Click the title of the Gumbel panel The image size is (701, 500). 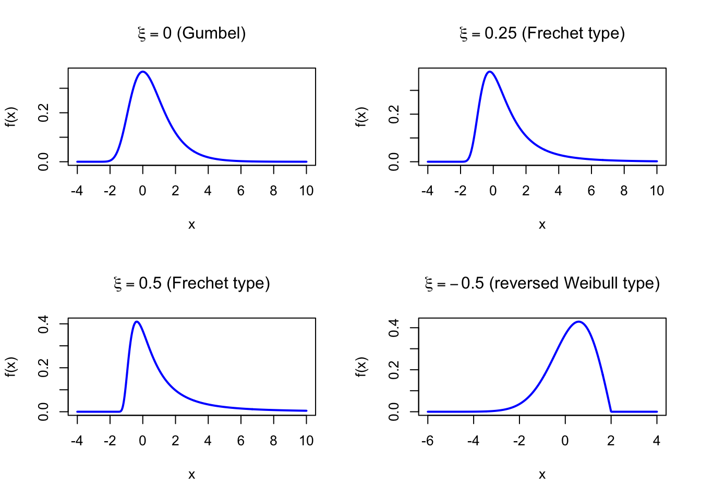pos(191,33)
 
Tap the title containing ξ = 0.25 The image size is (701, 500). pos(542,33)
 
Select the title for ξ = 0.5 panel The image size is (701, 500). pos(191,283)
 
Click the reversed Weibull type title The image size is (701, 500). pos(542,283)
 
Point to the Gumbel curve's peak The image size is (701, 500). pos(142,72)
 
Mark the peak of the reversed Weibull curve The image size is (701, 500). pos(578,322)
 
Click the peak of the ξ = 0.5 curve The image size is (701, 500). pos(137,322)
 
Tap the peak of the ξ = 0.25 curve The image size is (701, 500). pos(489,72)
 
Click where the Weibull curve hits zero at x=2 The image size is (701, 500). pos(611,411)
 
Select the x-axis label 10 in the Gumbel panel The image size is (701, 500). pos(306,191)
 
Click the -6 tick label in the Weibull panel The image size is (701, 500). pos(428,441)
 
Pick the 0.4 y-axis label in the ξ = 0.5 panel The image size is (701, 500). pos(44,324)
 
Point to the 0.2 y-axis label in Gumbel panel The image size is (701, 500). pos(44,113)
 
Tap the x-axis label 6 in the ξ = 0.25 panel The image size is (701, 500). pos(591,191)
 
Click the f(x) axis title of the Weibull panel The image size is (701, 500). pos(361,366)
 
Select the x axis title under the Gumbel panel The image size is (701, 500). pos(191,224)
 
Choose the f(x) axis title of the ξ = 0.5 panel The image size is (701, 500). pos(11,366)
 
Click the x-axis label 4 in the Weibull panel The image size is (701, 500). pos(657,441)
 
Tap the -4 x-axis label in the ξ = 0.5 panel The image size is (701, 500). pos(77,441)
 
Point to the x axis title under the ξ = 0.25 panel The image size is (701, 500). pos(542,224)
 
